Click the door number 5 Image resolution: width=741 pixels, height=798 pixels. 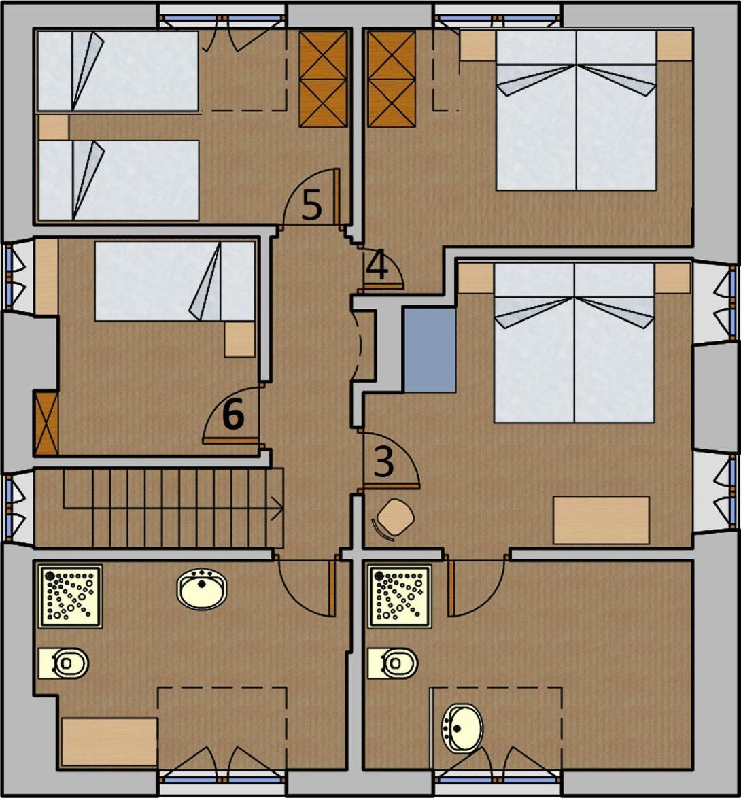click(312, 205)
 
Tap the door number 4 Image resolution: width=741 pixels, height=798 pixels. click(377, 266)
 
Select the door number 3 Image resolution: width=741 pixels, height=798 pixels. click(383, 462)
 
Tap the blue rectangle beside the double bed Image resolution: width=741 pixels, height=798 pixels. click(430, 349)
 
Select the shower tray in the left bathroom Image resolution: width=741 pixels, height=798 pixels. click(70, 596)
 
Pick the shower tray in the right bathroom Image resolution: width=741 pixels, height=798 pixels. click(400, 596)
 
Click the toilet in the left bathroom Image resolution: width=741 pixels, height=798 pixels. click(64, 663)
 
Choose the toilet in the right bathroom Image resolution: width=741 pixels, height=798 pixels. click(393, 663)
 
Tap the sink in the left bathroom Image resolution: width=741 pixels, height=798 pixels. click(202, 589)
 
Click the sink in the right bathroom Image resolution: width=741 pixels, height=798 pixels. click(462, 728)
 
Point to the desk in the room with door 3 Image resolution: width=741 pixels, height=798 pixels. click(601, 520)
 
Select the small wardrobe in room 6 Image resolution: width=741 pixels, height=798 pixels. click(46, 423)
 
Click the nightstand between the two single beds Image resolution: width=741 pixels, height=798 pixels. click(54, 126)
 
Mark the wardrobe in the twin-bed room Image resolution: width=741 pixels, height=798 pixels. click(323, 79)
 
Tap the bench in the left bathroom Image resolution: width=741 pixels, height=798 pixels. click(109, 742)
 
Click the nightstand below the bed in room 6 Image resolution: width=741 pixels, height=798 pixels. click(240, 339)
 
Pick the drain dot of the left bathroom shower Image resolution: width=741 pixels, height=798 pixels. click(50, 576)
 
